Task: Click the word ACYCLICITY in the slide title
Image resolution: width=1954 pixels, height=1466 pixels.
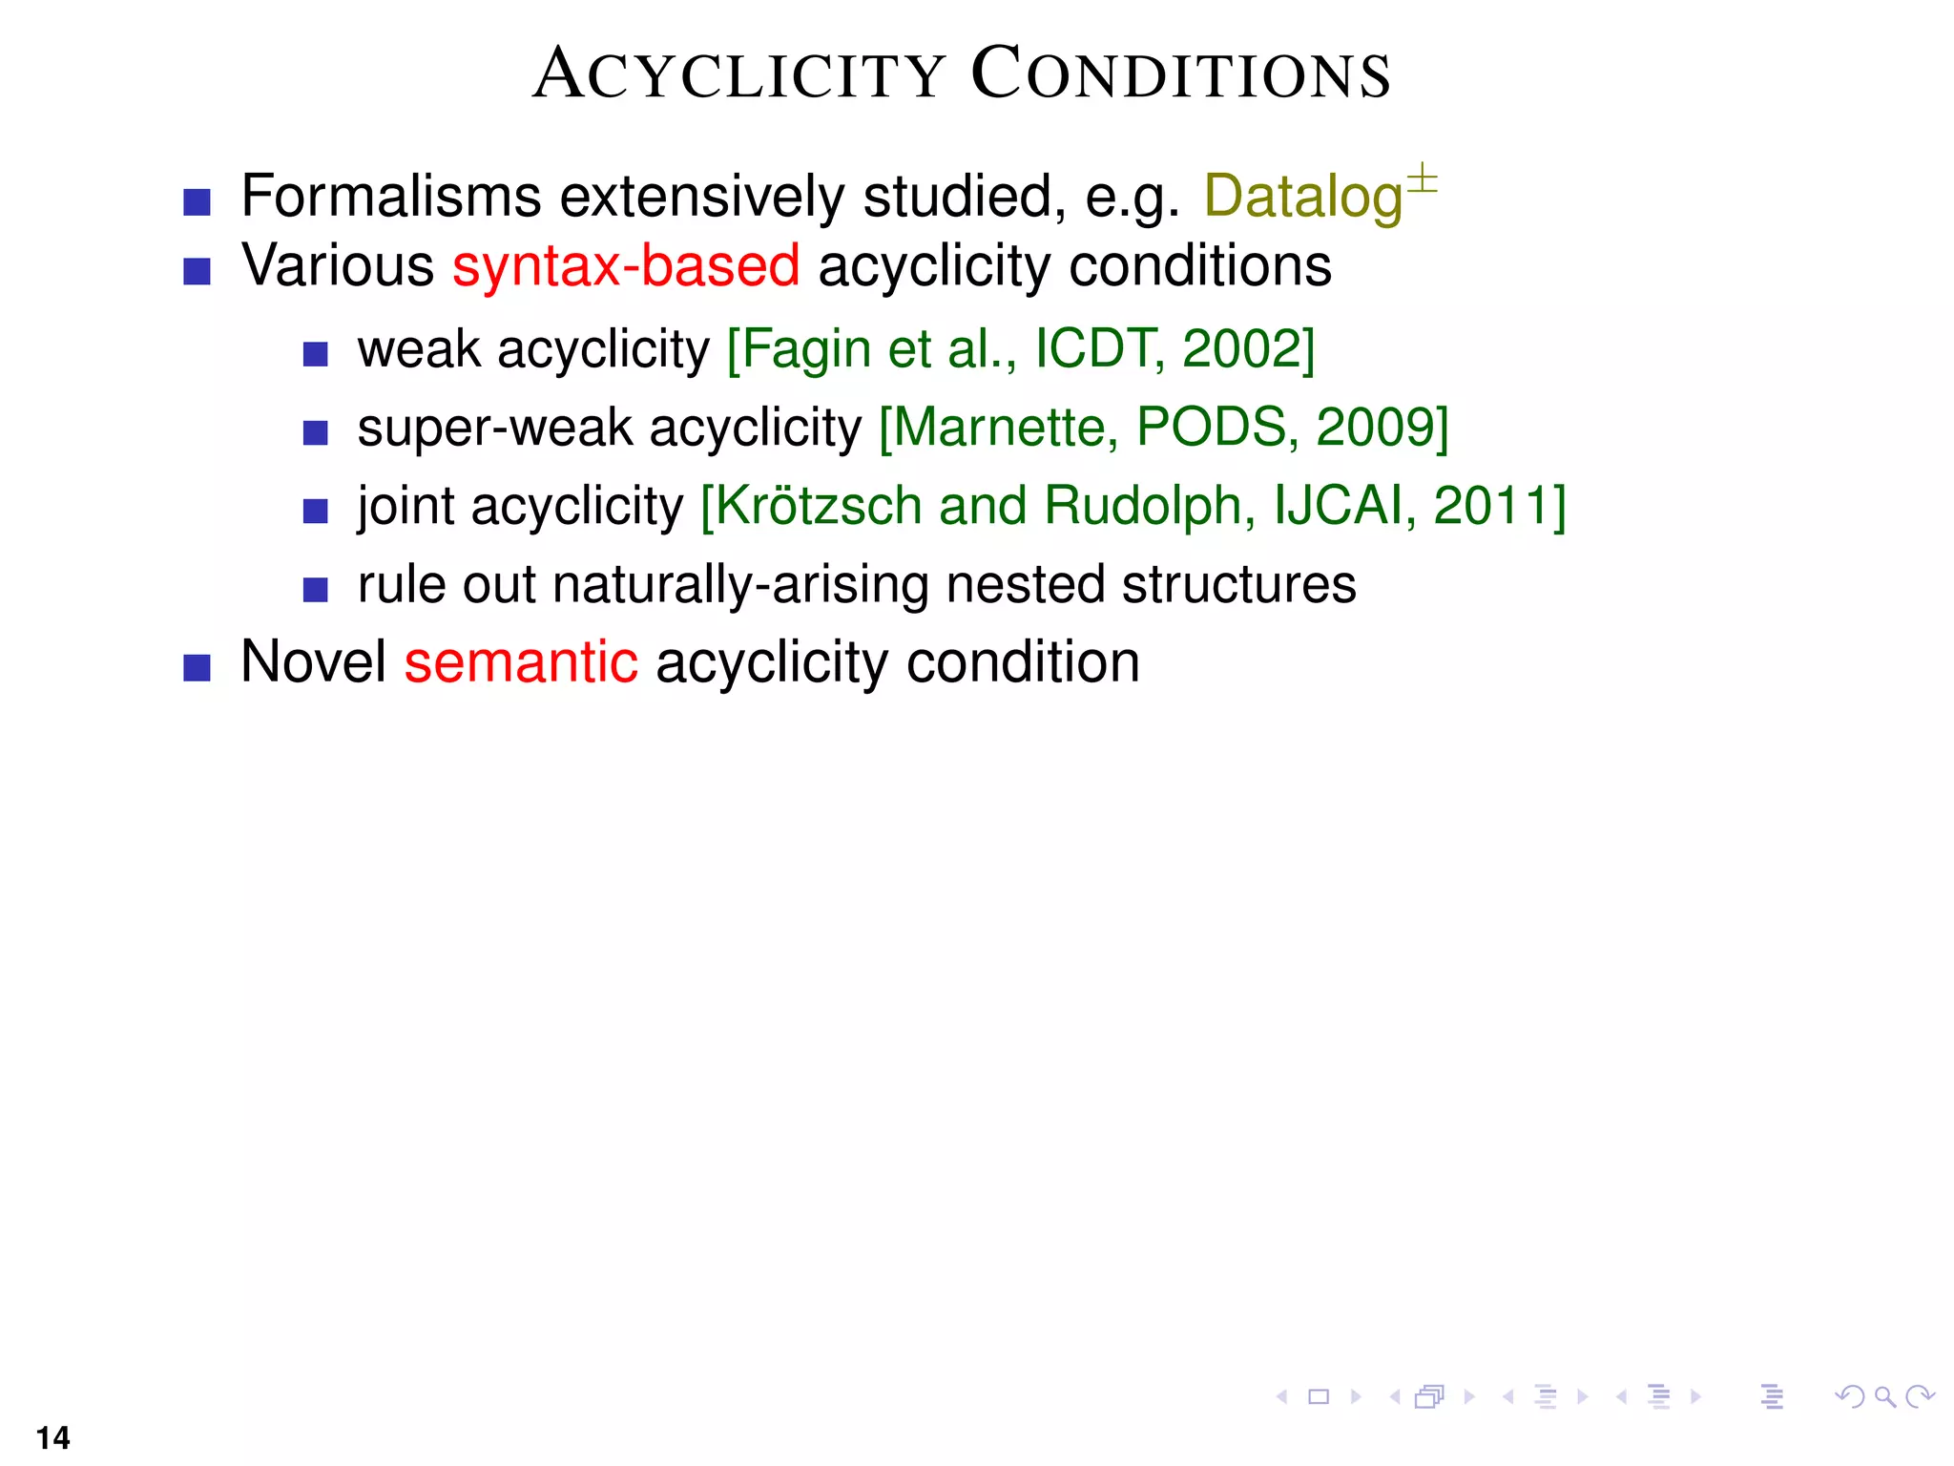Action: (x=738, y=74)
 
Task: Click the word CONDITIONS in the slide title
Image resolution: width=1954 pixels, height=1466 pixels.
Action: (x=1181, y=74)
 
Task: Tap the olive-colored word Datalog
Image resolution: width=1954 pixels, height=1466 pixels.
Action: (x=1302, y=197)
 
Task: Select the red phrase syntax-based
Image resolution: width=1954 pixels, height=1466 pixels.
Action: (x=626, y=265)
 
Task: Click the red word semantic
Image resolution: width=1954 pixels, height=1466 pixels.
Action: (x=521, y=661)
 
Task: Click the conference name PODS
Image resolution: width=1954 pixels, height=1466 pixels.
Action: (x=1211, y=427)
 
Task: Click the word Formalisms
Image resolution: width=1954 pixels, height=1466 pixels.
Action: (x=391, y=197)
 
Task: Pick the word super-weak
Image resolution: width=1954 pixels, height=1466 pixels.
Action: (x=494, y=427)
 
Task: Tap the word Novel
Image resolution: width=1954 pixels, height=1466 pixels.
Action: (x=313, y=661)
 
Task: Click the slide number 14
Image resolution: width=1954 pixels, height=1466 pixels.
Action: (x=53, y=1437)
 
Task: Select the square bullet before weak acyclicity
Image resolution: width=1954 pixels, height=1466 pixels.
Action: (x=315, y=354)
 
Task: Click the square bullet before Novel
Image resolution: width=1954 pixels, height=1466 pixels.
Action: (x=197, y=667)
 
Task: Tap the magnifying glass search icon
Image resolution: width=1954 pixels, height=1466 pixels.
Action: (x=1883, y=1397)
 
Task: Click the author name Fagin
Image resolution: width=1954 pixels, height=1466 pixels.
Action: (x=805, y=350)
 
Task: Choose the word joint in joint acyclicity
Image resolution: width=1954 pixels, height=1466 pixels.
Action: (x=405, y=506)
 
